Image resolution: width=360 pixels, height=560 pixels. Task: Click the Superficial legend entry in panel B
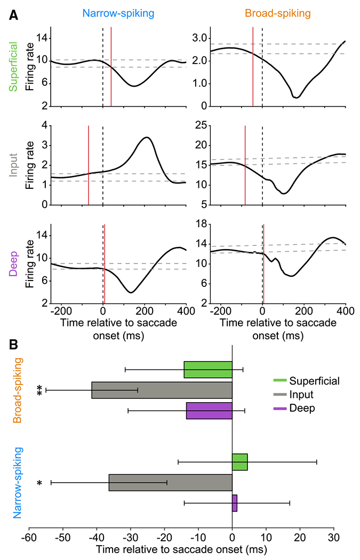[314, 381]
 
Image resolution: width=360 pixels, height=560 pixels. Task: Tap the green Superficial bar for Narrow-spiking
[239, 462]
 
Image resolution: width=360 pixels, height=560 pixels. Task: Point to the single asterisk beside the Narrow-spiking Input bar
[39, 484]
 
